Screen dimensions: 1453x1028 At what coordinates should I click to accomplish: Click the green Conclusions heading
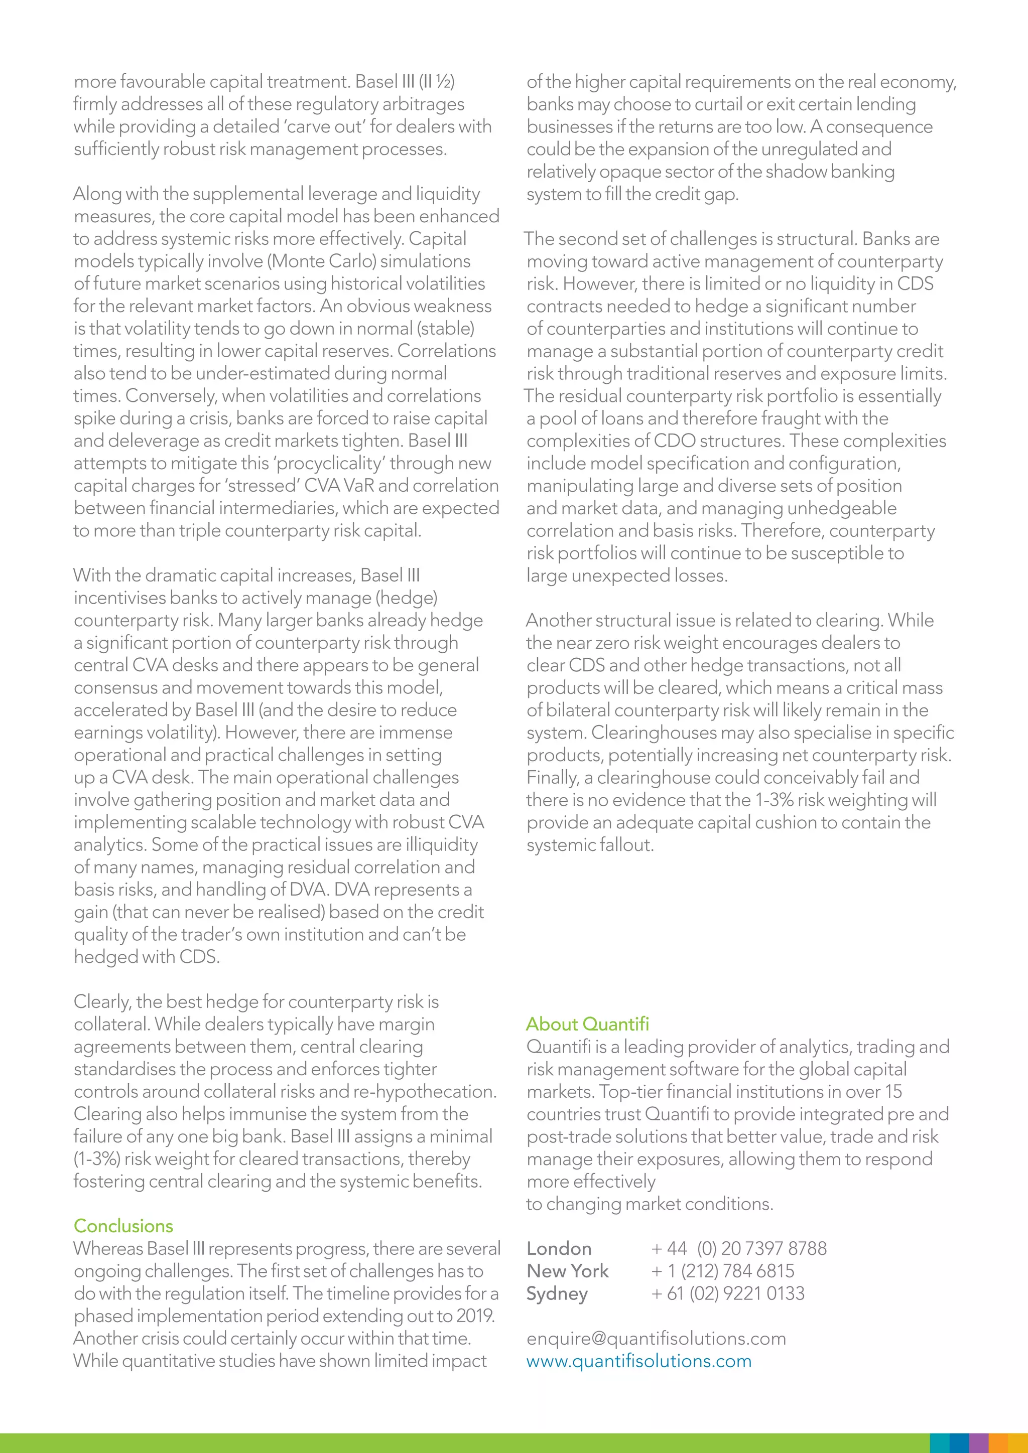[123, 1226]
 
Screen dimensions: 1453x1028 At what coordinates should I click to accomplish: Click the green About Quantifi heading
[587, 1024]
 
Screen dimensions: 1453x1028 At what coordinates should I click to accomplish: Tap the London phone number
[739, 1249]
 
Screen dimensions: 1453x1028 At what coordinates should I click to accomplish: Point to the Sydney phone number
[728, 1293]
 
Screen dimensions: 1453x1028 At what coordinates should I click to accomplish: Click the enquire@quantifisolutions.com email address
[656, 1339]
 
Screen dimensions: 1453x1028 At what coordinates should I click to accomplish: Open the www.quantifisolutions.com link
[638, 1361]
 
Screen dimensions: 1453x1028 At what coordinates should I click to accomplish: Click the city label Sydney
[557, 1293]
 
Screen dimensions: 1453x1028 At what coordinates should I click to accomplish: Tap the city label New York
[567, 1271]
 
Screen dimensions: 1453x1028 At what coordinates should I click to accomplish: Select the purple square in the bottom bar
[979, 1443]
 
